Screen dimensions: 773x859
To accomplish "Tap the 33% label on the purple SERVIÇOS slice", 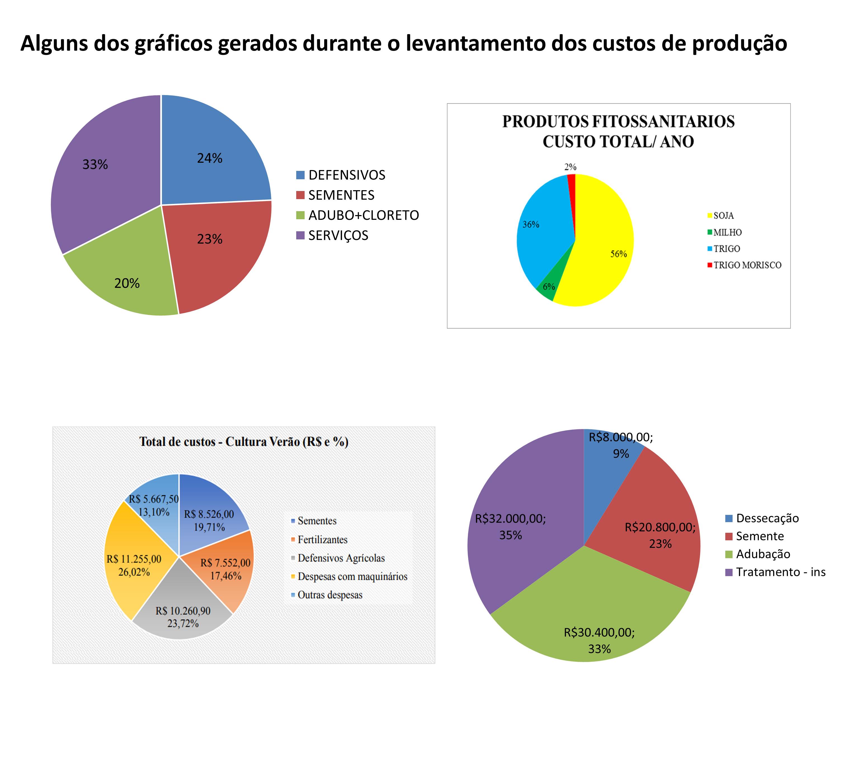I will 95,164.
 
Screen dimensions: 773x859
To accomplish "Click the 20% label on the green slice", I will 127,283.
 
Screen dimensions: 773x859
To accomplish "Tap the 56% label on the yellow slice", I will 618,254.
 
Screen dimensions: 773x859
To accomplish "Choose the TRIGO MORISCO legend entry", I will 747,265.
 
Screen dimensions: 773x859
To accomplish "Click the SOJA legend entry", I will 723,216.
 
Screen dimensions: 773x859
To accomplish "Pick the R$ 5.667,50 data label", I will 154,499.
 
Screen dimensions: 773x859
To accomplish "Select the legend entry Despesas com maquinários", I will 352,576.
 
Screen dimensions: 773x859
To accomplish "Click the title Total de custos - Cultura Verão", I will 244,442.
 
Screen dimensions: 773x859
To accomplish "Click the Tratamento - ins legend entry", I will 780,572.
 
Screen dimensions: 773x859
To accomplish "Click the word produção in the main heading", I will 739,43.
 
